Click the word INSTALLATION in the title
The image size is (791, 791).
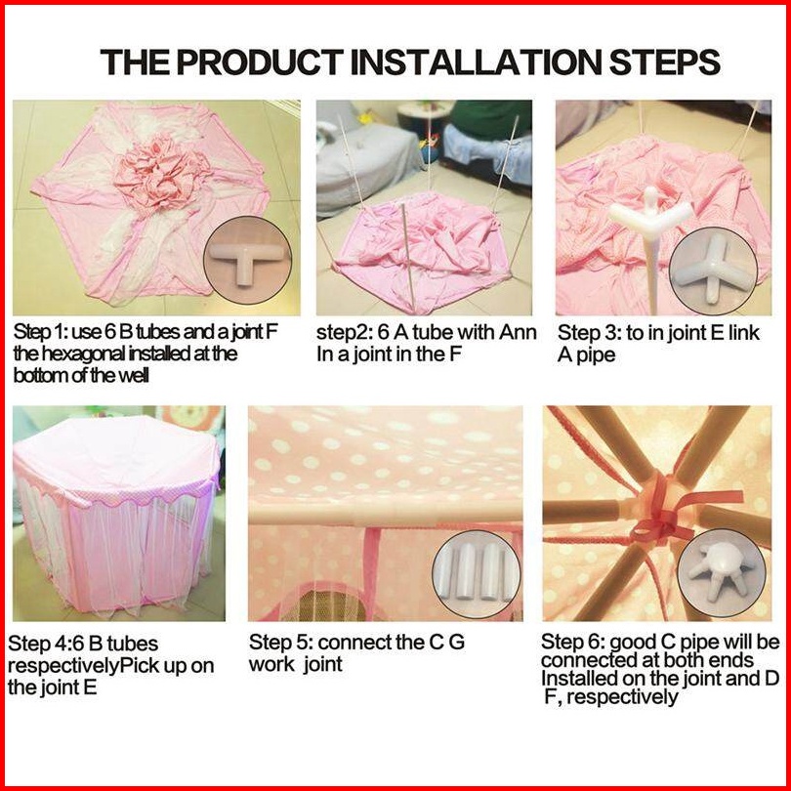click(x=478, y=62)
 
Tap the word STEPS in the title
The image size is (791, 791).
click(x=665, y=62)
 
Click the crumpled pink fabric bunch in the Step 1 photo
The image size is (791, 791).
click(x=160, y=172)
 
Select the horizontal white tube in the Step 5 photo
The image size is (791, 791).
click(x=386, y=513)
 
